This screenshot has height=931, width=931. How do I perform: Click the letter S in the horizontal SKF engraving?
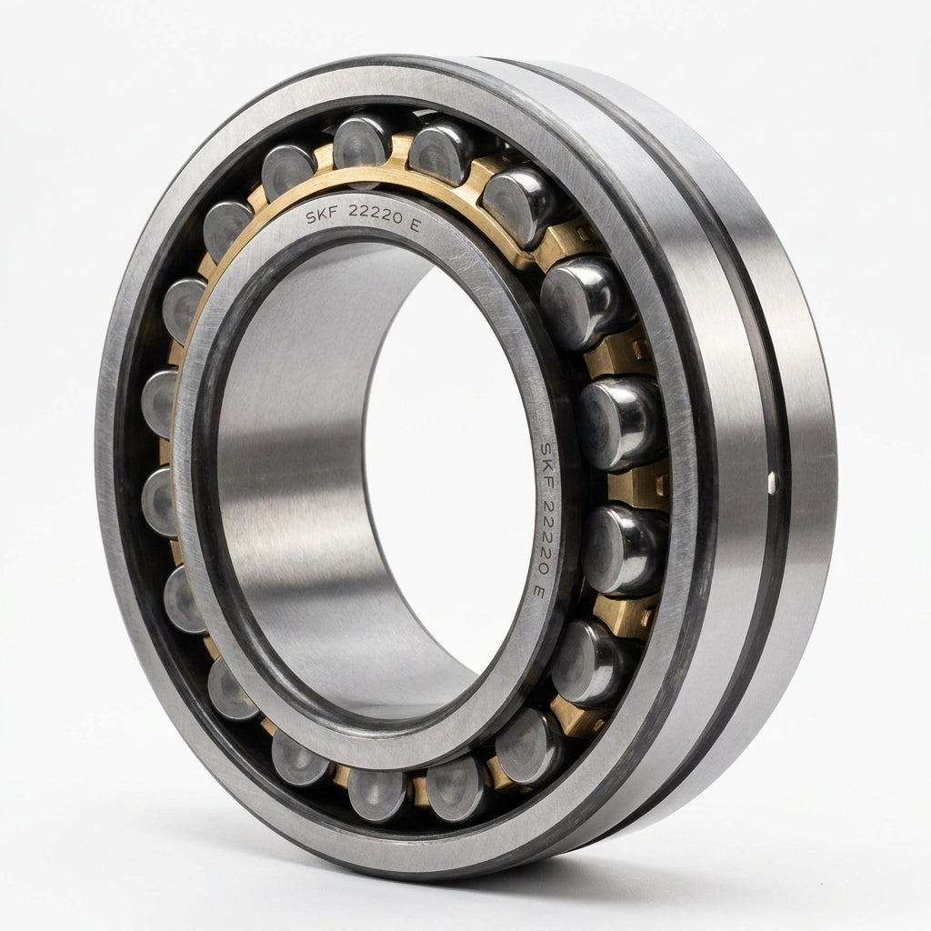[311, 218]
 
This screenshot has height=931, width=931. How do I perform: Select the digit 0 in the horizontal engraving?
[396, 217]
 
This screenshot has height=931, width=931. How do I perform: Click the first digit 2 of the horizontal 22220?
[354, 211]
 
